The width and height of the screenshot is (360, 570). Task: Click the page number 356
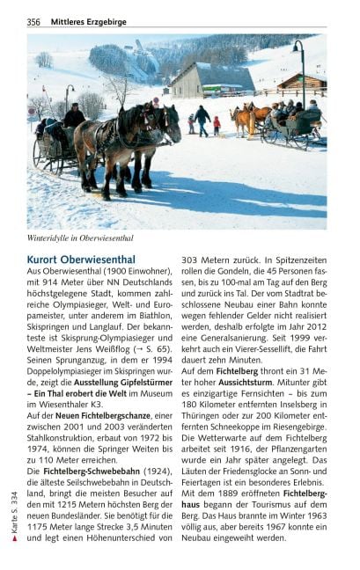pyautogui.click(x=33, y=21)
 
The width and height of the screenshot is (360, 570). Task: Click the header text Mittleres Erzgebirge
pyautogui.click(x=86, y=21)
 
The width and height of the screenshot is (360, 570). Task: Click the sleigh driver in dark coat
pyautogui.click(x=74, y=117)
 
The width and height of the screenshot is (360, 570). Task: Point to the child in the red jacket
pyautogui.click(x=217, y=124)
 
